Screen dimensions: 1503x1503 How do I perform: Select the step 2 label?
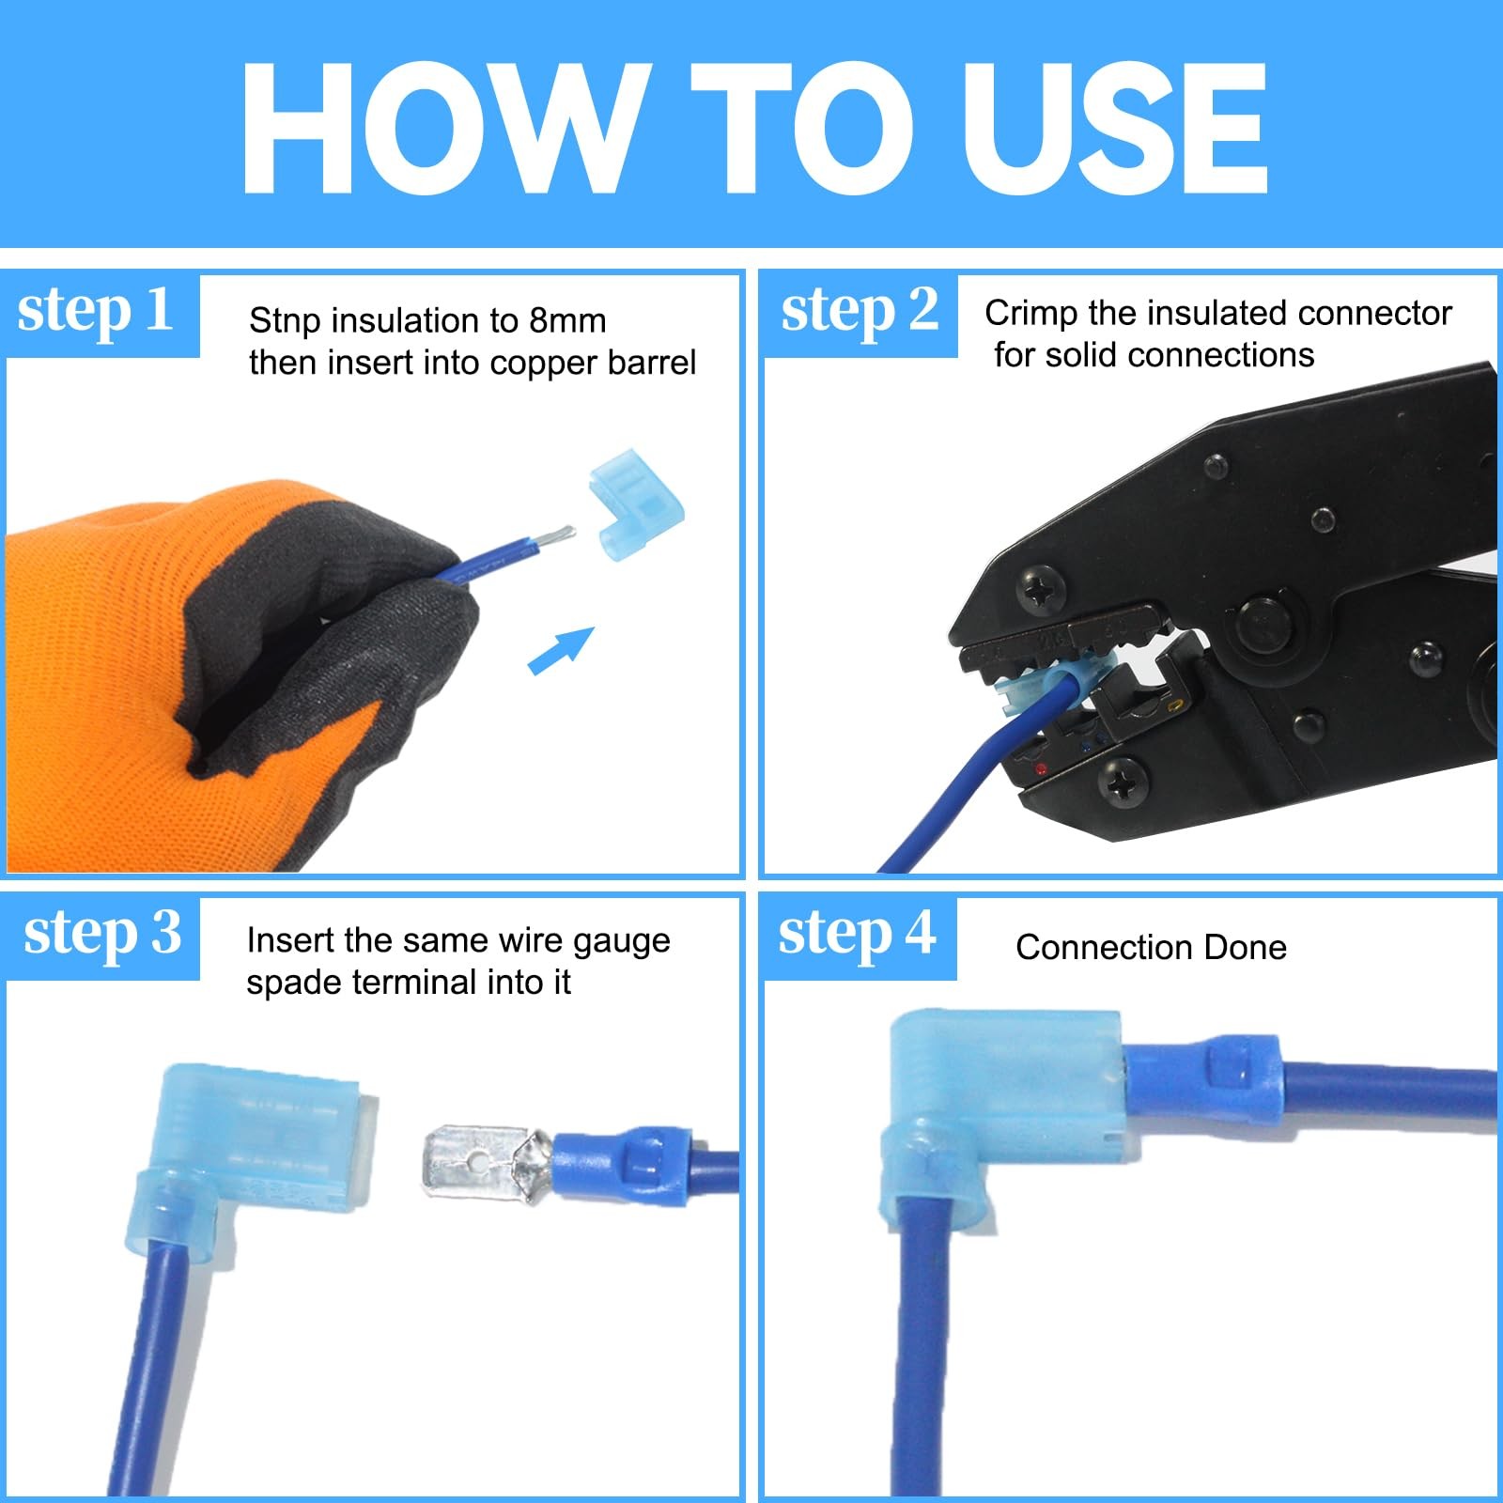click(860, 311)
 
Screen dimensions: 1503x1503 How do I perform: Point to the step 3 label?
click(102, 934)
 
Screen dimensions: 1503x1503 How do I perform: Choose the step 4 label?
click(857, 934)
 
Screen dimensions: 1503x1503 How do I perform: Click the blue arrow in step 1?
click(561, 650)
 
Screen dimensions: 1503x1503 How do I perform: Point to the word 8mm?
click(566, 321)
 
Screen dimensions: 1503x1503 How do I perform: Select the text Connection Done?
click(1151, 947)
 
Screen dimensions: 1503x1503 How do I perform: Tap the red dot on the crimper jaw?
click(1040, 769)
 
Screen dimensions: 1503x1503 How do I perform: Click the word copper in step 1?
click(550, 364)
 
